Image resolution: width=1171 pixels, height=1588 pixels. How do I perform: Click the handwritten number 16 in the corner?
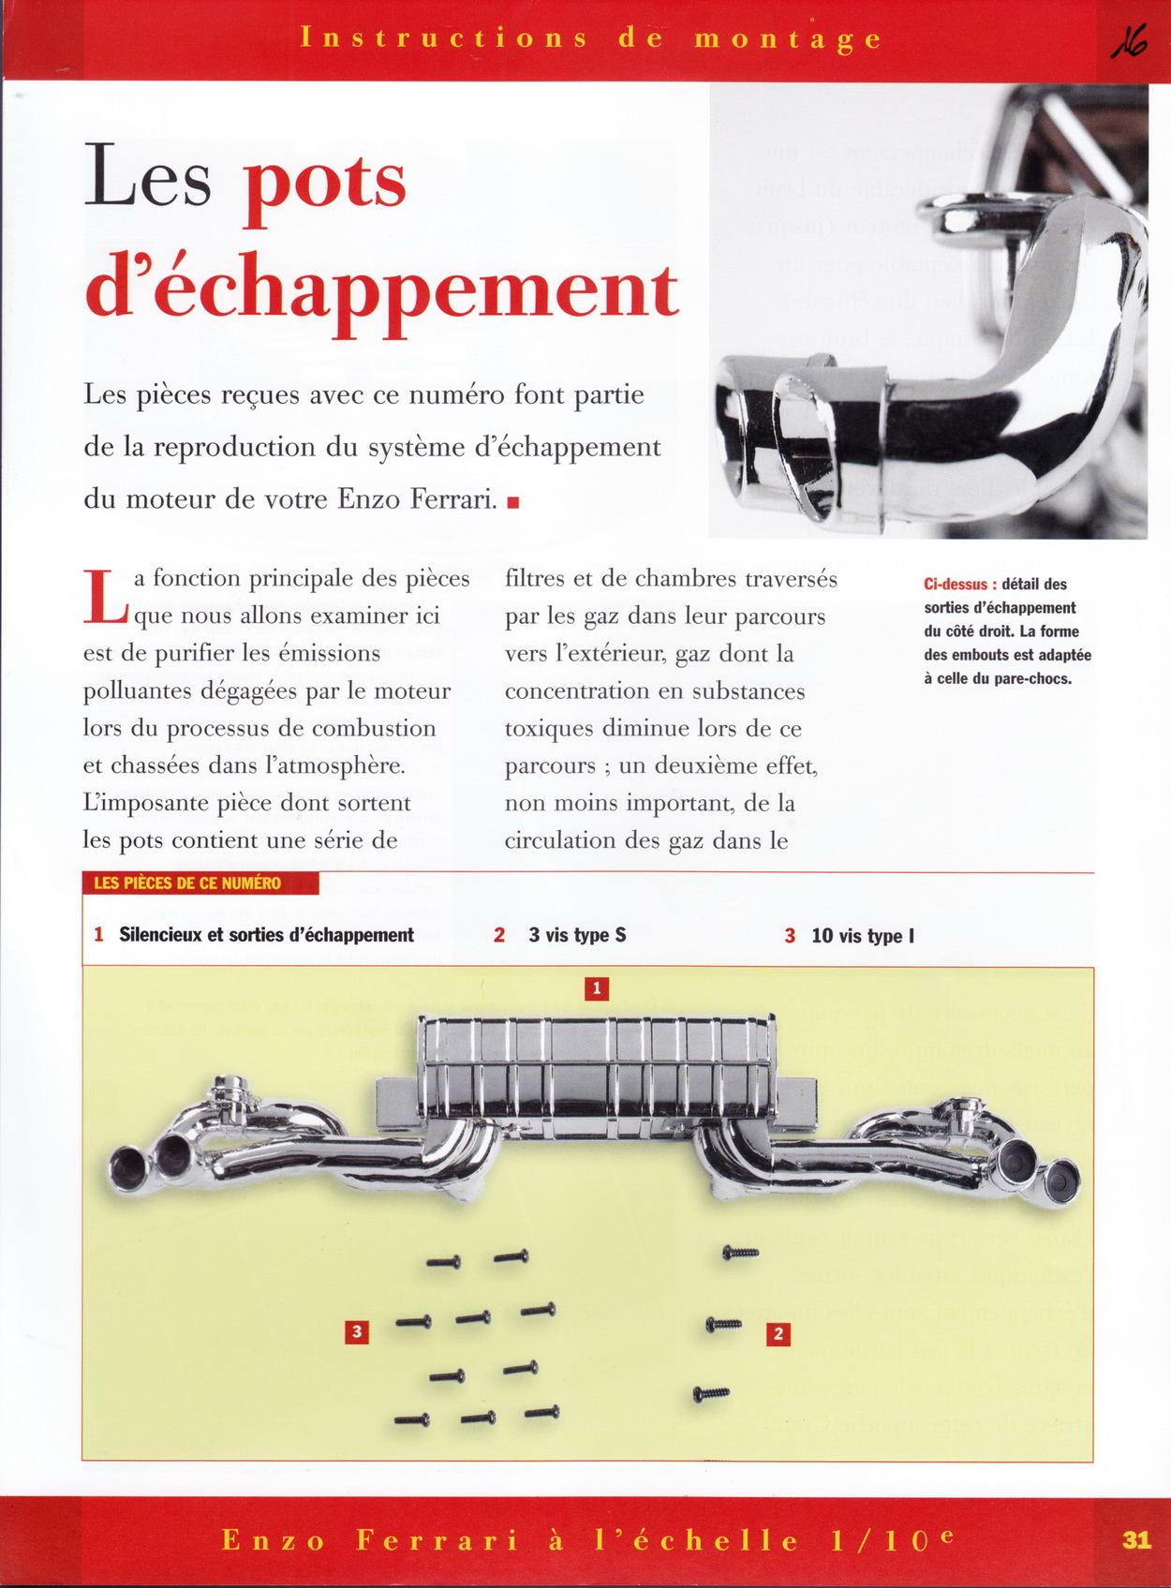point(1130,42)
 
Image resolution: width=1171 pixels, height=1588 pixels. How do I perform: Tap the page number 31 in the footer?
point(1136,1539)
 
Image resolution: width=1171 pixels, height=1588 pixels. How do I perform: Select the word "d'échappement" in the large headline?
point(381,291)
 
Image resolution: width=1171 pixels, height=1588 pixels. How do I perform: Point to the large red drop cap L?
point(105,597)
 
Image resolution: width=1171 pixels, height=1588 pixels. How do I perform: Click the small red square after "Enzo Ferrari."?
point(513,502)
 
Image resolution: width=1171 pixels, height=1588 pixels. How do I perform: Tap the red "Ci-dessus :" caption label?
point(959,585)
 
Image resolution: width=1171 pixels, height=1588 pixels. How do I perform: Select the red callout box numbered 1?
point(597,988)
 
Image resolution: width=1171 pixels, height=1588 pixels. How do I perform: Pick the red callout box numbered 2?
point(778,1334)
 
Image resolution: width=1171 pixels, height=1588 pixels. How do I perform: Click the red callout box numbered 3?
point(356,1331)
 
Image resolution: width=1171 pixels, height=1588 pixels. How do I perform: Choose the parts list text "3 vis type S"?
point(577,935)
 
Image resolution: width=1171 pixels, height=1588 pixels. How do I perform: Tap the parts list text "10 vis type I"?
point(862,936)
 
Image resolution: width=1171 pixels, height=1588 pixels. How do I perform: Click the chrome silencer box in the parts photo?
point(597,1068)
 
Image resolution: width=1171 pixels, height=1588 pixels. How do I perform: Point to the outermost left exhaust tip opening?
point(126,1167)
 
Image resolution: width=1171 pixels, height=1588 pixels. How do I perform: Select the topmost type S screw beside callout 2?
point(740,1253)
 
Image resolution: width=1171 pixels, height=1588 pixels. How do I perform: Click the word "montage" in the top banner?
point(788,39)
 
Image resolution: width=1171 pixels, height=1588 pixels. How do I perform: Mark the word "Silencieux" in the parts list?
point(158,935)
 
